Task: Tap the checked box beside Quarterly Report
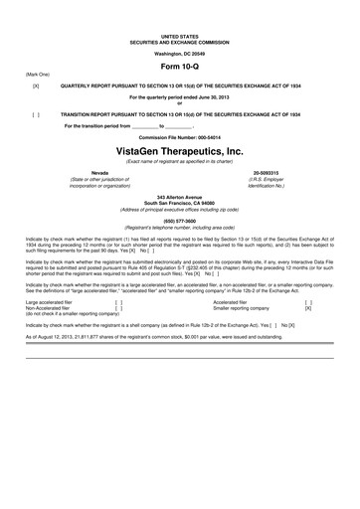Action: pyautogui.click(x=36, y=86)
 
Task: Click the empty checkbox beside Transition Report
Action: pyautogui.click(x=36, y=114)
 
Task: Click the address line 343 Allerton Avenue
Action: pyautogui.click(x=179, y=199)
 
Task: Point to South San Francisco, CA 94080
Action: pyautogui.click(x=179, y=205)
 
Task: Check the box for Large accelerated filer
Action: pyautogui.click(x=118, y=302)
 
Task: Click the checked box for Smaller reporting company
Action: pyautogui.click(x=307, y=308)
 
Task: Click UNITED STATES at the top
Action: pyautogui.click(x=179, y=35)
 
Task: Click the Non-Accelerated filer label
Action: pyautogui.click(x=48, y=308)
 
